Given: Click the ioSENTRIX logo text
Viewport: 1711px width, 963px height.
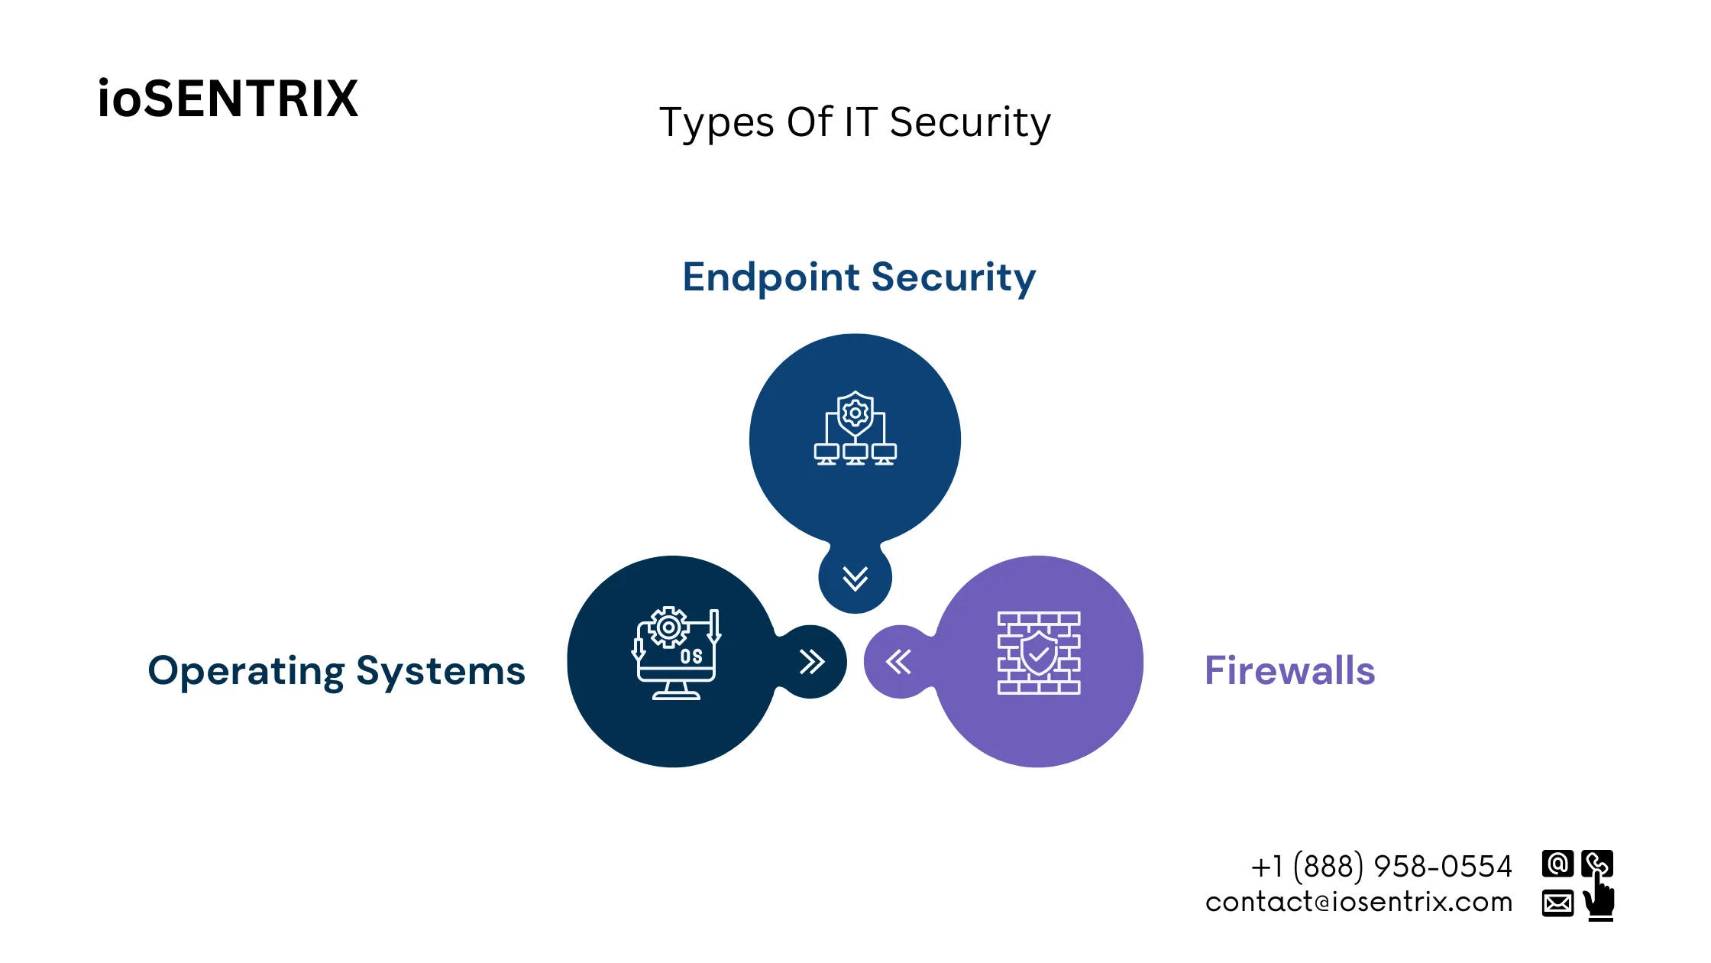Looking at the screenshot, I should pos(228,99).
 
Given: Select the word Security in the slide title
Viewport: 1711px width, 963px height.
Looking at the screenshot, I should pos(969,123).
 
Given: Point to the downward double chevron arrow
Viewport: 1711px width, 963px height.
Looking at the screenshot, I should pos(855,579).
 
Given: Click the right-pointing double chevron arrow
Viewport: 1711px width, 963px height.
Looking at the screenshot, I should pos(811,662).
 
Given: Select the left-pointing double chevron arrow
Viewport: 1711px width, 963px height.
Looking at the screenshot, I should pos(898,662).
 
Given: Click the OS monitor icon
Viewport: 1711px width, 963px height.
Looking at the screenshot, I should pos(676,654).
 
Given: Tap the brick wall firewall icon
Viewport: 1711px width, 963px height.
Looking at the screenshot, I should pos(1038,653).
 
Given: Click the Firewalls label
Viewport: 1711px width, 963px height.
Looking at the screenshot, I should pos(1289,671).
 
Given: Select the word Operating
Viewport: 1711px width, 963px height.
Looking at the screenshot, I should pos(246,672).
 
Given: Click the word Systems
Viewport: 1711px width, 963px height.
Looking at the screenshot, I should pos(441,672).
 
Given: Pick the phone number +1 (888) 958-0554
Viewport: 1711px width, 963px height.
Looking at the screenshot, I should pos(1381,867).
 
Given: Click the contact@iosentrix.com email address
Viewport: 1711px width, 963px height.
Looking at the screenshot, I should pos(1358,903).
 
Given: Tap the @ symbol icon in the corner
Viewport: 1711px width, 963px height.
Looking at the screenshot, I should pos(1557,864).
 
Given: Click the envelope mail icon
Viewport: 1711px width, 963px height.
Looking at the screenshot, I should pos(1557,903).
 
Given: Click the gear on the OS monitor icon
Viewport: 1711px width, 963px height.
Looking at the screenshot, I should pos(668,627).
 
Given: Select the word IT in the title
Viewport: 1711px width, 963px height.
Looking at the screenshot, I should pos(860,123).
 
